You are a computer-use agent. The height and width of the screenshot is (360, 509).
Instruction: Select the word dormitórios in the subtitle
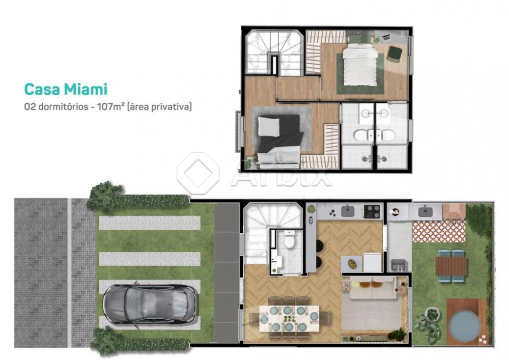click(63, 106)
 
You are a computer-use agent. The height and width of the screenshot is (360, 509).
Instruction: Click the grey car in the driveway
click(150, 305)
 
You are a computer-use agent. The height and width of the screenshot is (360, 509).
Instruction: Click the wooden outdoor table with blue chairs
click(450, 266)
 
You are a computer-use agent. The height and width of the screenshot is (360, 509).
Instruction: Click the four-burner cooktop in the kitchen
click(372, 211)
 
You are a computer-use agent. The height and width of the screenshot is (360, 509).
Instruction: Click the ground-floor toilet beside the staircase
click(289, 240)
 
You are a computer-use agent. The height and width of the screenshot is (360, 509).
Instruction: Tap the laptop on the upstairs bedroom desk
click(386, 37)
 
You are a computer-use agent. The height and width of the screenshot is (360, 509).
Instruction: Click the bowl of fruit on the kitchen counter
click(352, 264)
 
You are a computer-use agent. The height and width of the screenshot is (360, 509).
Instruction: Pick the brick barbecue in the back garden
click(454, 211)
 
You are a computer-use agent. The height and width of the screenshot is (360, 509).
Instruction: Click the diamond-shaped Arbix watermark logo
click(198, 173)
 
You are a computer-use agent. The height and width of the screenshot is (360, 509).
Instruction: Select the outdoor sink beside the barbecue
click(425, 212)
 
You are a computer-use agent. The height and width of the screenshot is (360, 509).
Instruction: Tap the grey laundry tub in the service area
click(398, 265)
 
